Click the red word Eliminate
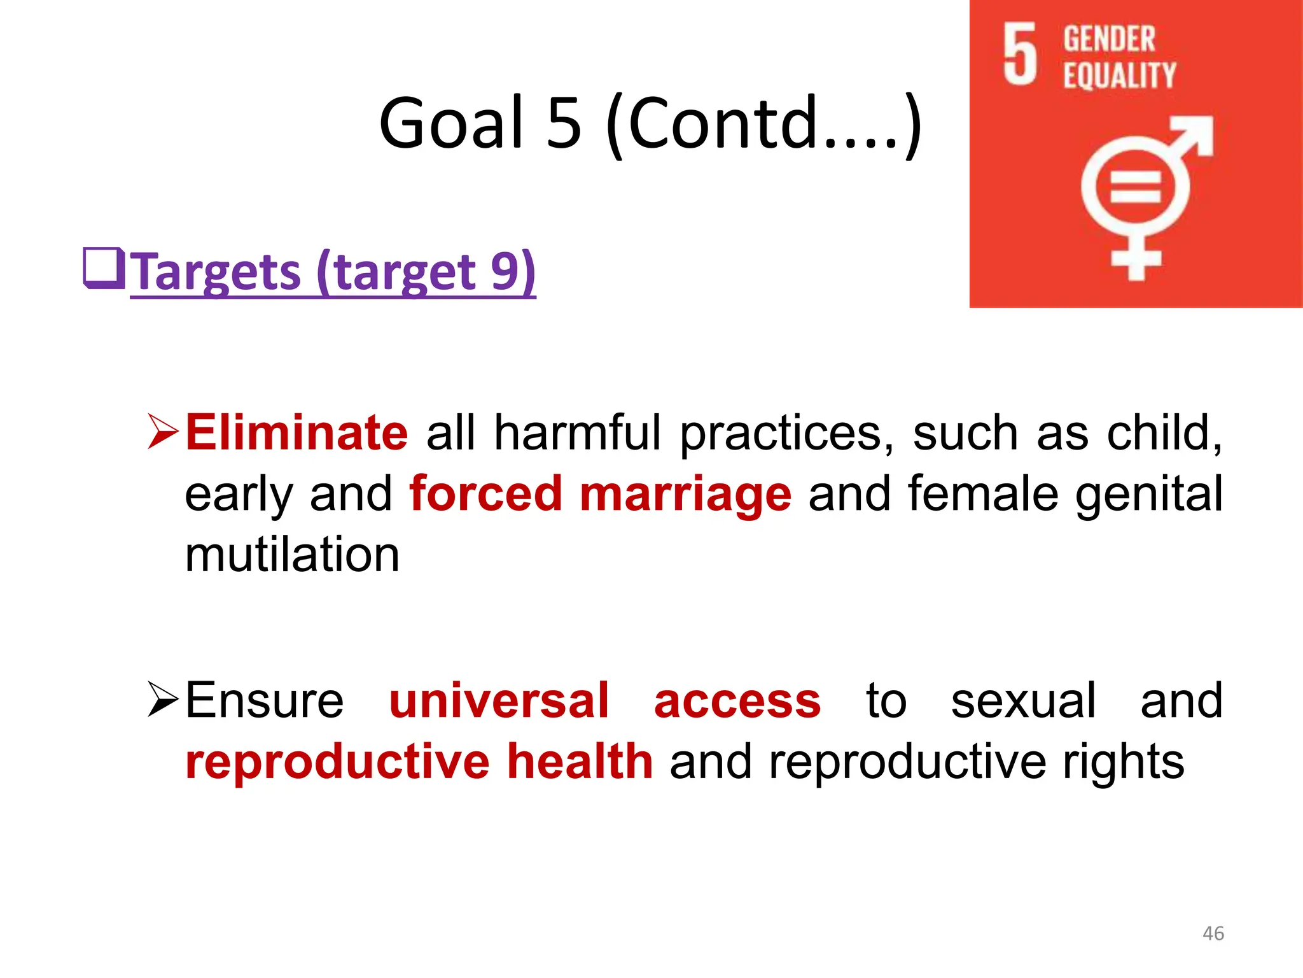point(296,433)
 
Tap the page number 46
point(1213,933)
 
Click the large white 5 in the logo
point(1020,54)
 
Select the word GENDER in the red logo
point(1109,39)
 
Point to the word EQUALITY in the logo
point(1119,76)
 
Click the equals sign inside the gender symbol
point(1136,188)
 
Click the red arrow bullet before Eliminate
point(162,432)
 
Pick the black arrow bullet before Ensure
point(162,699)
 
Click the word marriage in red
point(685,493)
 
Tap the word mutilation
point(292,555)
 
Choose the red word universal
point(499,700)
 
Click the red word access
point(737,700)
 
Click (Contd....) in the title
point(763,122)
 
